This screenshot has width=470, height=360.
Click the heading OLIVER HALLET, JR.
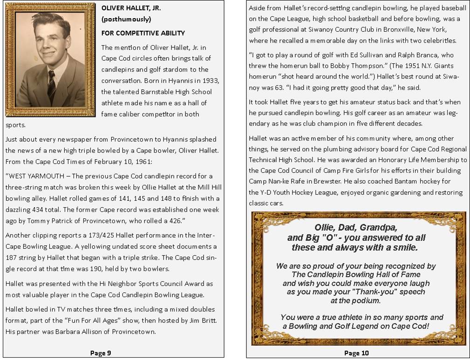point(131,8)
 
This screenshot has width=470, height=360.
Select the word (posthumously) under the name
point(126,20)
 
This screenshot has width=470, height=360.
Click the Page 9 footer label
point(101,353)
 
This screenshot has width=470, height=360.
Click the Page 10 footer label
point(356,353)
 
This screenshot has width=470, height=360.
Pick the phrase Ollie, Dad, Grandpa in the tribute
point(356,228)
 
